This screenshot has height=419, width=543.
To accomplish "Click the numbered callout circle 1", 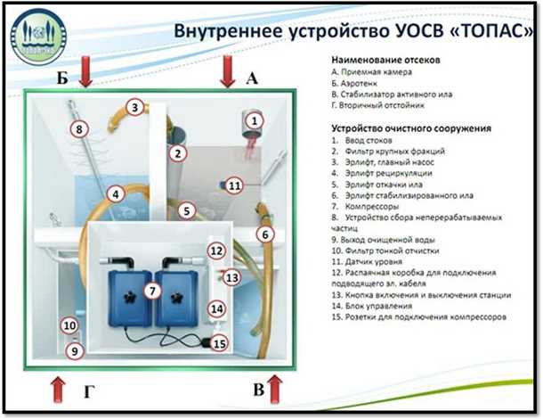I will (255, 119).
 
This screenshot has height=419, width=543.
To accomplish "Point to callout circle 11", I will (233, 185).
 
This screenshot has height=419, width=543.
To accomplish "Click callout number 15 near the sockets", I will (218, 342).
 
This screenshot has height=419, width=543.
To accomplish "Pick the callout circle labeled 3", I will (134, 108).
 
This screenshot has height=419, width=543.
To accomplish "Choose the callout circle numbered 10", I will (69, 326).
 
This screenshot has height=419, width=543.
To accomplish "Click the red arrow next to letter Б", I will (85, 71).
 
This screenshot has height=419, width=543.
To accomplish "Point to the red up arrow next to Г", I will (58, 388).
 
